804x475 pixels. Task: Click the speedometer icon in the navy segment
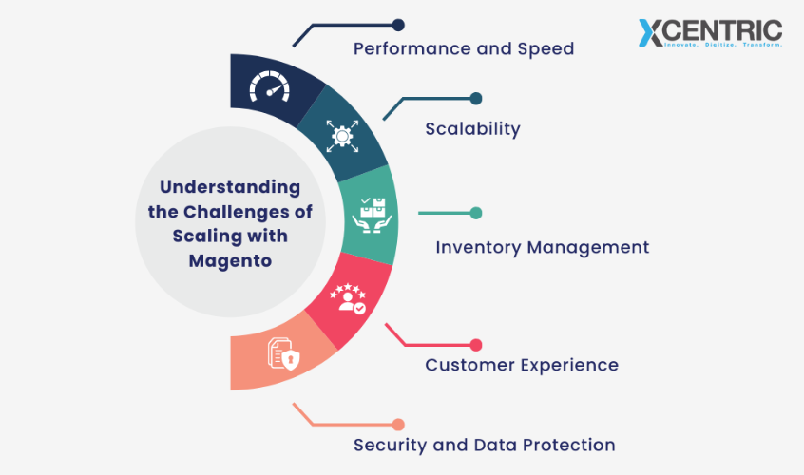pos(268,88)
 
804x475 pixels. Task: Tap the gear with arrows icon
pos(340,136)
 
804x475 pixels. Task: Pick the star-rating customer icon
pos(347,298)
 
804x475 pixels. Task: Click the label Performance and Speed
pos(464,47)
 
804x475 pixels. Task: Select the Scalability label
pos(472,128)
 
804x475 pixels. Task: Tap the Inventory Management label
pos(542,247)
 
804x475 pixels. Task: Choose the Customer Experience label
pos(522,365)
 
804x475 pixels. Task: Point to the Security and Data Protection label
pos(484,445)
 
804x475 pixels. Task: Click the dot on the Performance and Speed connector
pos(398,25)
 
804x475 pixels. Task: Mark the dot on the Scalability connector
pos(476,98)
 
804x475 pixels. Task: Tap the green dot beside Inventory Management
pos(476,213)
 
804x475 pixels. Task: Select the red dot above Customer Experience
pos(476,345)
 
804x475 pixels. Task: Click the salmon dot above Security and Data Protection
pos(398,424)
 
